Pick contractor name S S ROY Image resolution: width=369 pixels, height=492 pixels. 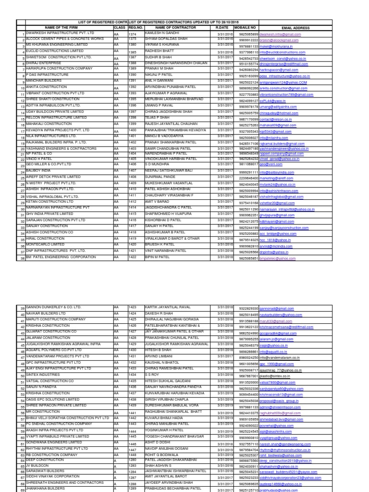point(152,374)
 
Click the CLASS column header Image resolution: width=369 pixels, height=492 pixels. point(119,28)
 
